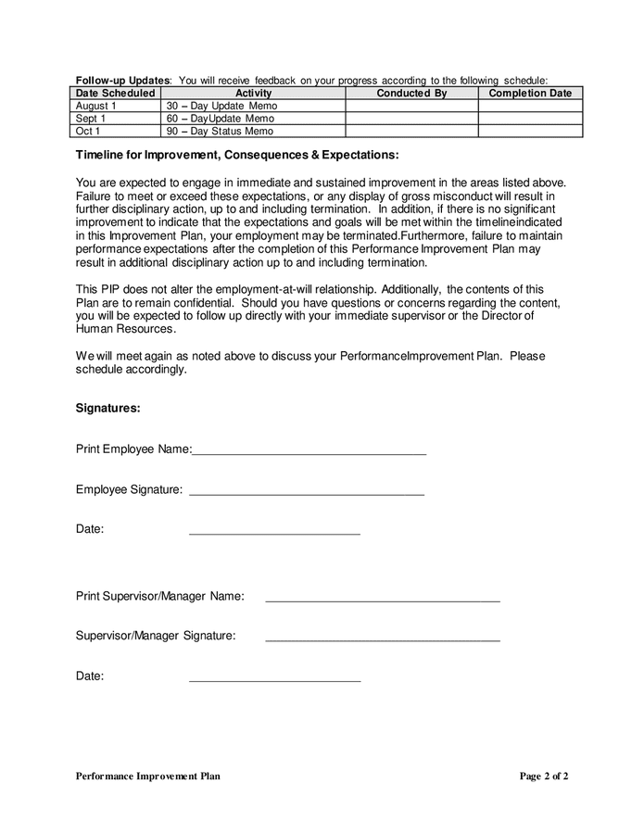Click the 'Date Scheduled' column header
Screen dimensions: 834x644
tap(115, 94)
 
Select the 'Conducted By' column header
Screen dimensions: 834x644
tap(411, 94)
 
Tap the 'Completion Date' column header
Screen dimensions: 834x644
tap(530, 94)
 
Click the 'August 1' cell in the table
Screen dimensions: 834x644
tap(96, 107)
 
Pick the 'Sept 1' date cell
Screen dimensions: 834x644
tap(91, 119)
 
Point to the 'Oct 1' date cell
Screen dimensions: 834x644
tap(88, 132)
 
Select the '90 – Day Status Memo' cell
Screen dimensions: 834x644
tap(220, 132)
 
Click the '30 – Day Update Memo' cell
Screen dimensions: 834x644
tap(221, 107)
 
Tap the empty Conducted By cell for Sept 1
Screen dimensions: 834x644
tap(411, 119)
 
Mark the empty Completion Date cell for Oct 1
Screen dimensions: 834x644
tap(530, 132)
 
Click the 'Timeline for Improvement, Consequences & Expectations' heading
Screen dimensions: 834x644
tap(237, 155)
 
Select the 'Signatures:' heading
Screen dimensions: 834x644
tap(108, 408)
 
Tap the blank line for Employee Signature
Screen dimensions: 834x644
tap(306, 492)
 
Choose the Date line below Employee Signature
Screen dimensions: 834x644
tap(274, 532)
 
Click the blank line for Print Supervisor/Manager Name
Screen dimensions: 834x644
tap(382, 599)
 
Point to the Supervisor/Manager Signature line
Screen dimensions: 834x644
tap(382, 638)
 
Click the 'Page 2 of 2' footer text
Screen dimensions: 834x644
tap(543, 777)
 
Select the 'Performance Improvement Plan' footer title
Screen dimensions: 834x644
tap(148, 777)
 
